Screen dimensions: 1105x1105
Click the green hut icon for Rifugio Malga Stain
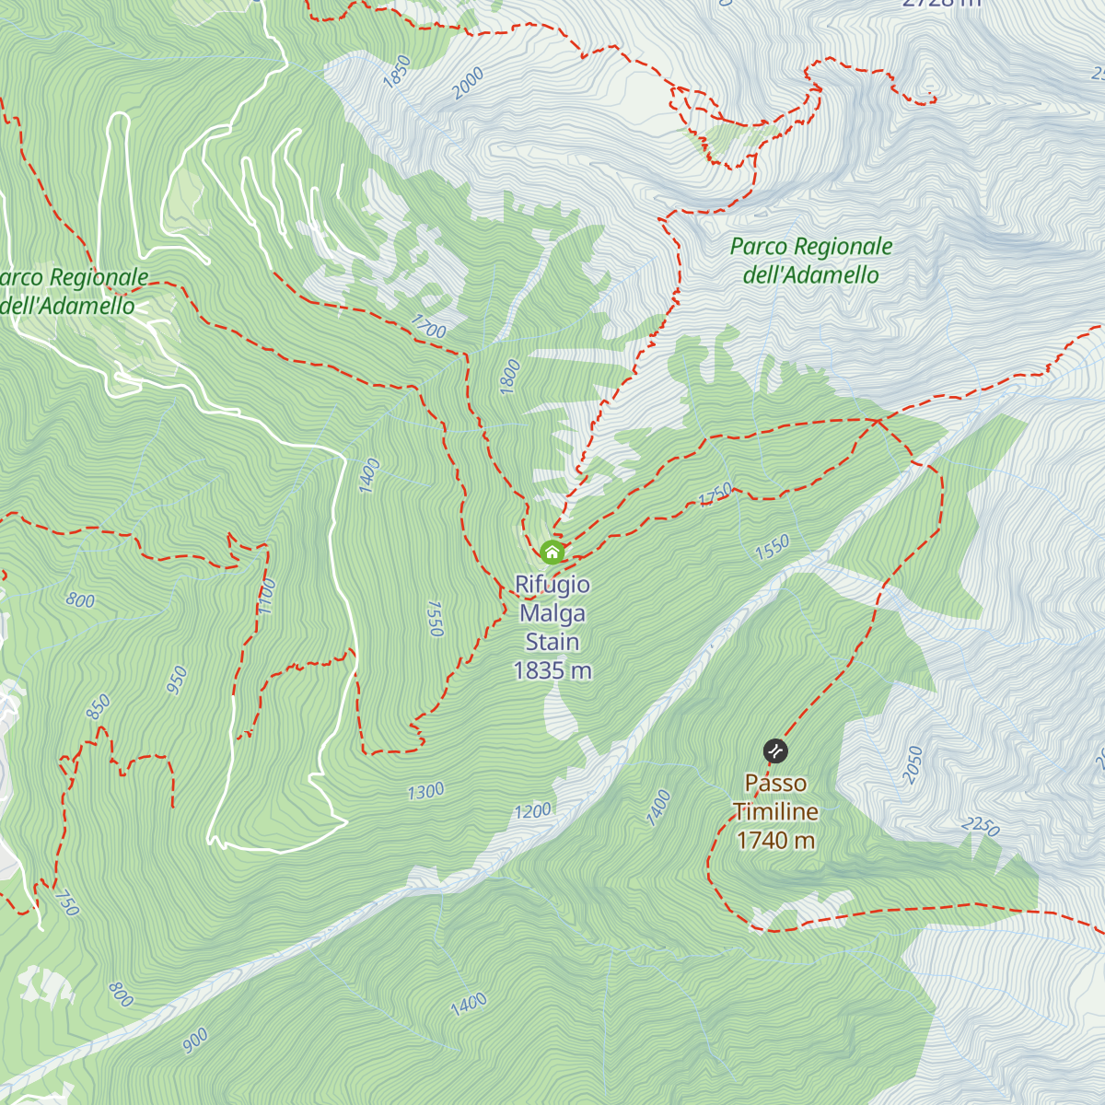(552, 552)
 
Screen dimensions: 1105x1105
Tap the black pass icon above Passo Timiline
(776, 751)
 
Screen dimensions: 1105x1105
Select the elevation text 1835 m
(552, 670)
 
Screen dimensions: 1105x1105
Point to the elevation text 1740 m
(775, 840)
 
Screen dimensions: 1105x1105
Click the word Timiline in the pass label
(775, 811)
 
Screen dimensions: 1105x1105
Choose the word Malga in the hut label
(552, 613)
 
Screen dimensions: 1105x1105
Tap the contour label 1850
(397, 72)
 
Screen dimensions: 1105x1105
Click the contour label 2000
(469, 84)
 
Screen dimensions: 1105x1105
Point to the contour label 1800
(510, 377)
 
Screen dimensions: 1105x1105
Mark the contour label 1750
(715, 494)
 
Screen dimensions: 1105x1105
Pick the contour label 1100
(267, 597)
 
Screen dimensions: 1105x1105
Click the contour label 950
(177, 680)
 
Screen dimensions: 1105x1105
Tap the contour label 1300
(425, 791)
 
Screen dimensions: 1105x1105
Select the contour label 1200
(532, 811)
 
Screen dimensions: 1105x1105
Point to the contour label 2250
(981, 826)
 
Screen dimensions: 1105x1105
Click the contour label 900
(195, 1041)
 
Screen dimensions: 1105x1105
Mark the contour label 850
(98, 707)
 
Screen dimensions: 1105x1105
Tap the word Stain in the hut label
(552, 642)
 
